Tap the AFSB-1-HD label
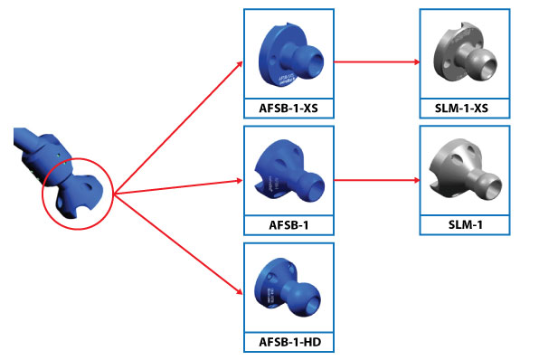coord(288,341)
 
